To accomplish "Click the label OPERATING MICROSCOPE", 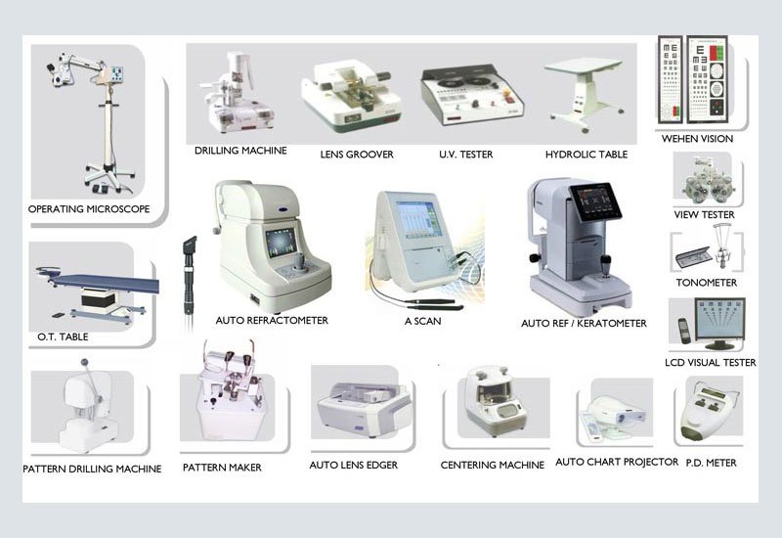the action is [x=89, y=209].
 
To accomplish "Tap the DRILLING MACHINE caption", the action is [x=240, y=151].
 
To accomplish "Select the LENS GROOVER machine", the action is [x=351, y=96].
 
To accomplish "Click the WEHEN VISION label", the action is [x=697, y=139].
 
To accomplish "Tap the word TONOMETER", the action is [x=706, y=283].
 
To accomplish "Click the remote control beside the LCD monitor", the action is [x=683, y=330].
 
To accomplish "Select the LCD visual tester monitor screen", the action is [x=719, y=320].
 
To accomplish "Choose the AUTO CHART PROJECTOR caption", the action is [x=617, y=462].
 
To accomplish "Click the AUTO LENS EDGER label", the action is [x=354, y=466].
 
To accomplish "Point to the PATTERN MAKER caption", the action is [x=222, y=468].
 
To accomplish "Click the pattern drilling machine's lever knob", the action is [x=84, y=361].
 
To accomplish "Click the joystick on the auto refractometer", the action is [x=300, y=262].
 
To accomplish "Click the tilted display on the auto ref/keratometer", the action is [x=596, y=202].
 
